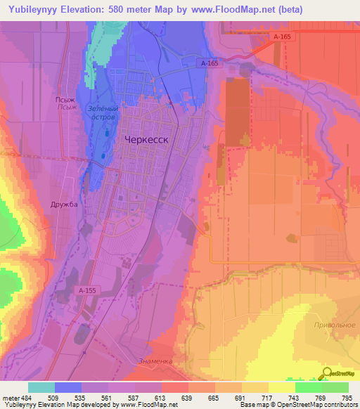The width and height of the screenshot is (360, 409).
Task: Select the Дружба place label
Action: (63, 204)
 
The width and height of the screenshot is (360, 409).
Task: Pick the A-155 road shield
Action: (87, 290)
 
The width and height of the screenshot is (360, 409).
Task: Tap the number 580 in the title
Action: (128, 10)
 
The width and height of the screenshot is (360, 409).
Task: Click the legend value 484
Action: (26, 397)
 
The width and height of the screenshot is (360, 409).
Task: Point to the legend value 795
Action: (347, 397)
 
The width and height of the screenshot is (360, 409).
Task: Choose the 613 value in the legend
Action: (160, 397)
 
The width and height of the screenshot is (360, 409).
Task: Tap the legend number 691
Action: (240, 397)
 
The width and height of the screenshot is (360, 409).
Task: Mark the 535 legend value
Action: (80, 397)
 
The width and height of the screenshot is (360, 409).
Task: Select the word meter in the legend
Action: (10, 397)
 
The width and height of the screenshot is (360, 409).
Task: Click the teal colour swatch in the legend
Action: (41, 387)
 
